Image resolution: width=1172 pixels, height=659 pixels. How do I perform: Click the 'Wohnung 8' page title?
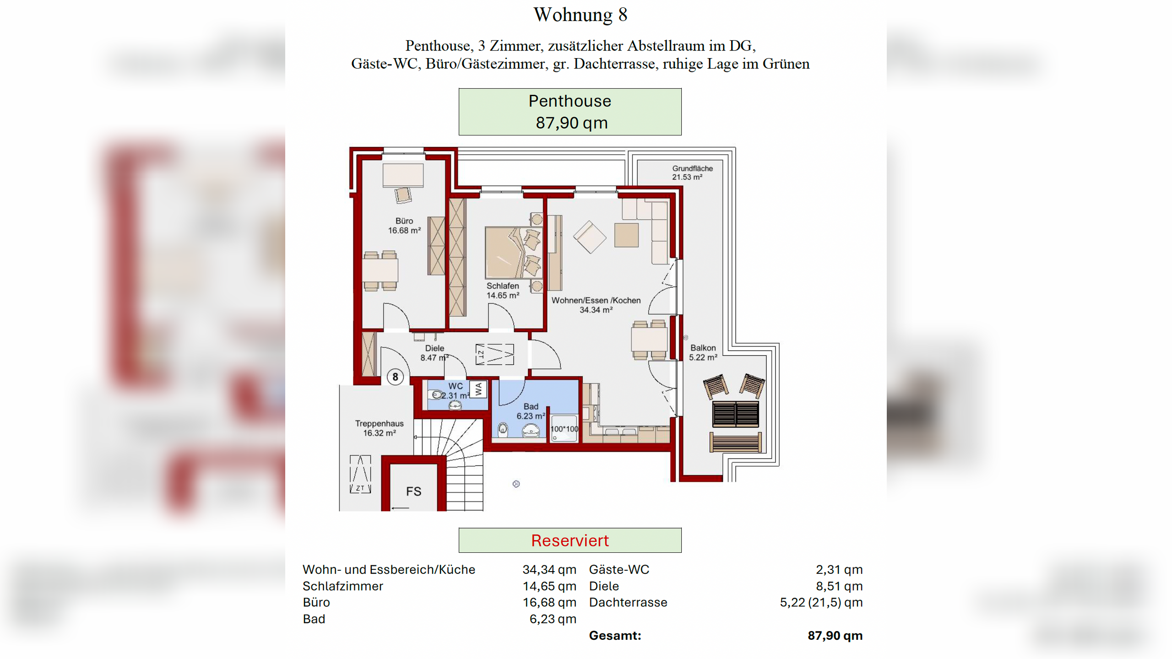tap(580, 15)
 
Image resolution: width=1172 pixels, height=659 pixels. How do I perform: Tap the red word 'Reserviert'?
tap(570, 540)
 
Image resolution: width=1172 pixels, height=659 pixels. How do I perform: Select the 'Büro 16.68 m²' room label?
tap(404, 226)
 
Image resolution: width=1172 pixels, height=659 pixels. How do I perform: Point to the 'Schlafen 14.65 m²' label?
tap(503, 291)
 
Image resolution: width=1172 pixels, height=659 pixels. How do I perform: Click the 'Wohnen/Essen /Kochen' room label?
tap(596, 300)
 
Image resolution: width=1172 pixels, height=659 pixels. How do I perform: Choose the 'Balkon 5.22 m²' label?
tap(703, 352)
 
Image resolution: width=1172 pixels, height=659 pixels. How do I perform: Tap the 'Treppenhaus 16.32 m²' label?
tap(379, 428)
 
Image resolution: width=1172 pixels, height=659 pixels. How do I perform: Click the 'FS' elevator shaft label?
tap(413, 492)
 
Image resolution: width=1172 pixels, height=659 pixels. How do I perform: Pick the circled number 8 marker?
tap(395, 377)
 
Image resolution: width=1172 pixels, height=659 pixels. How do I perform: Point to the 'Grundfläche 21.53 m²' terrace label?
tap(692, 173)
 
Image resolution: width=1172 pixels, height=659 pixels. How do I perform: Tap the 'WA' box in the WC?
tap(478, 389)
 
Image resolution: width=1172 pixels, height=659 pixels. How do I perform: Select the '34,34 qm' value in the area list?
tap(549, 570)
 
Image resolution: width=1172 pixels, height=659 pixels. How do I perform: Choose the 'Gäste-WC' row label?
tap(619, 570)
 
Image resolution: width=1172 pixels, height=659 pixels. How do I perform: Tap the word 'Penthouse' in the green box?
tap(570, 101)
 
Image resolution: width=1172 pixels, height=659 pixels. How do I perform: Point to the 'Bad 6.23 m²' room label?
tap(531, 411)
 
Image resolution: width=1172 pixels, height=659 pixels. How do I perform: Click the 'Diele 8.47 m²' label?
tap(434, 353)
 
